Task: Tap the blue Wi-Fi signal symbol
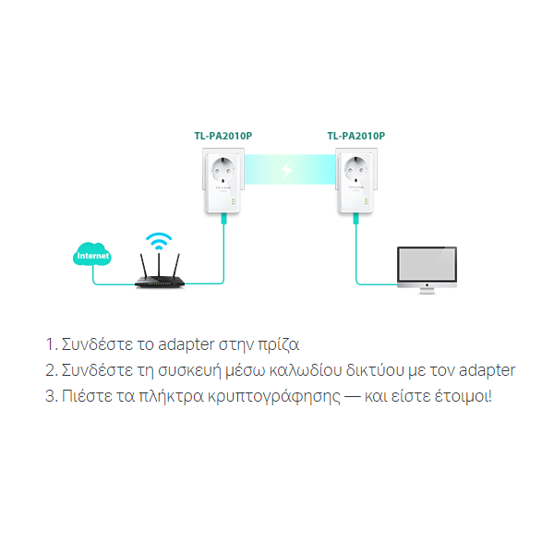159,242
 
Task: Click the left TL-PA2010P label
223,135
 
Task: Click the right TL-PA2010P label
356,135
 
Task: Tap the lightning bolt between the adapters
289,171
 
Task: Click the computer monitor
426,264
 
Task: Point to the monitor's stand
426,289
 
